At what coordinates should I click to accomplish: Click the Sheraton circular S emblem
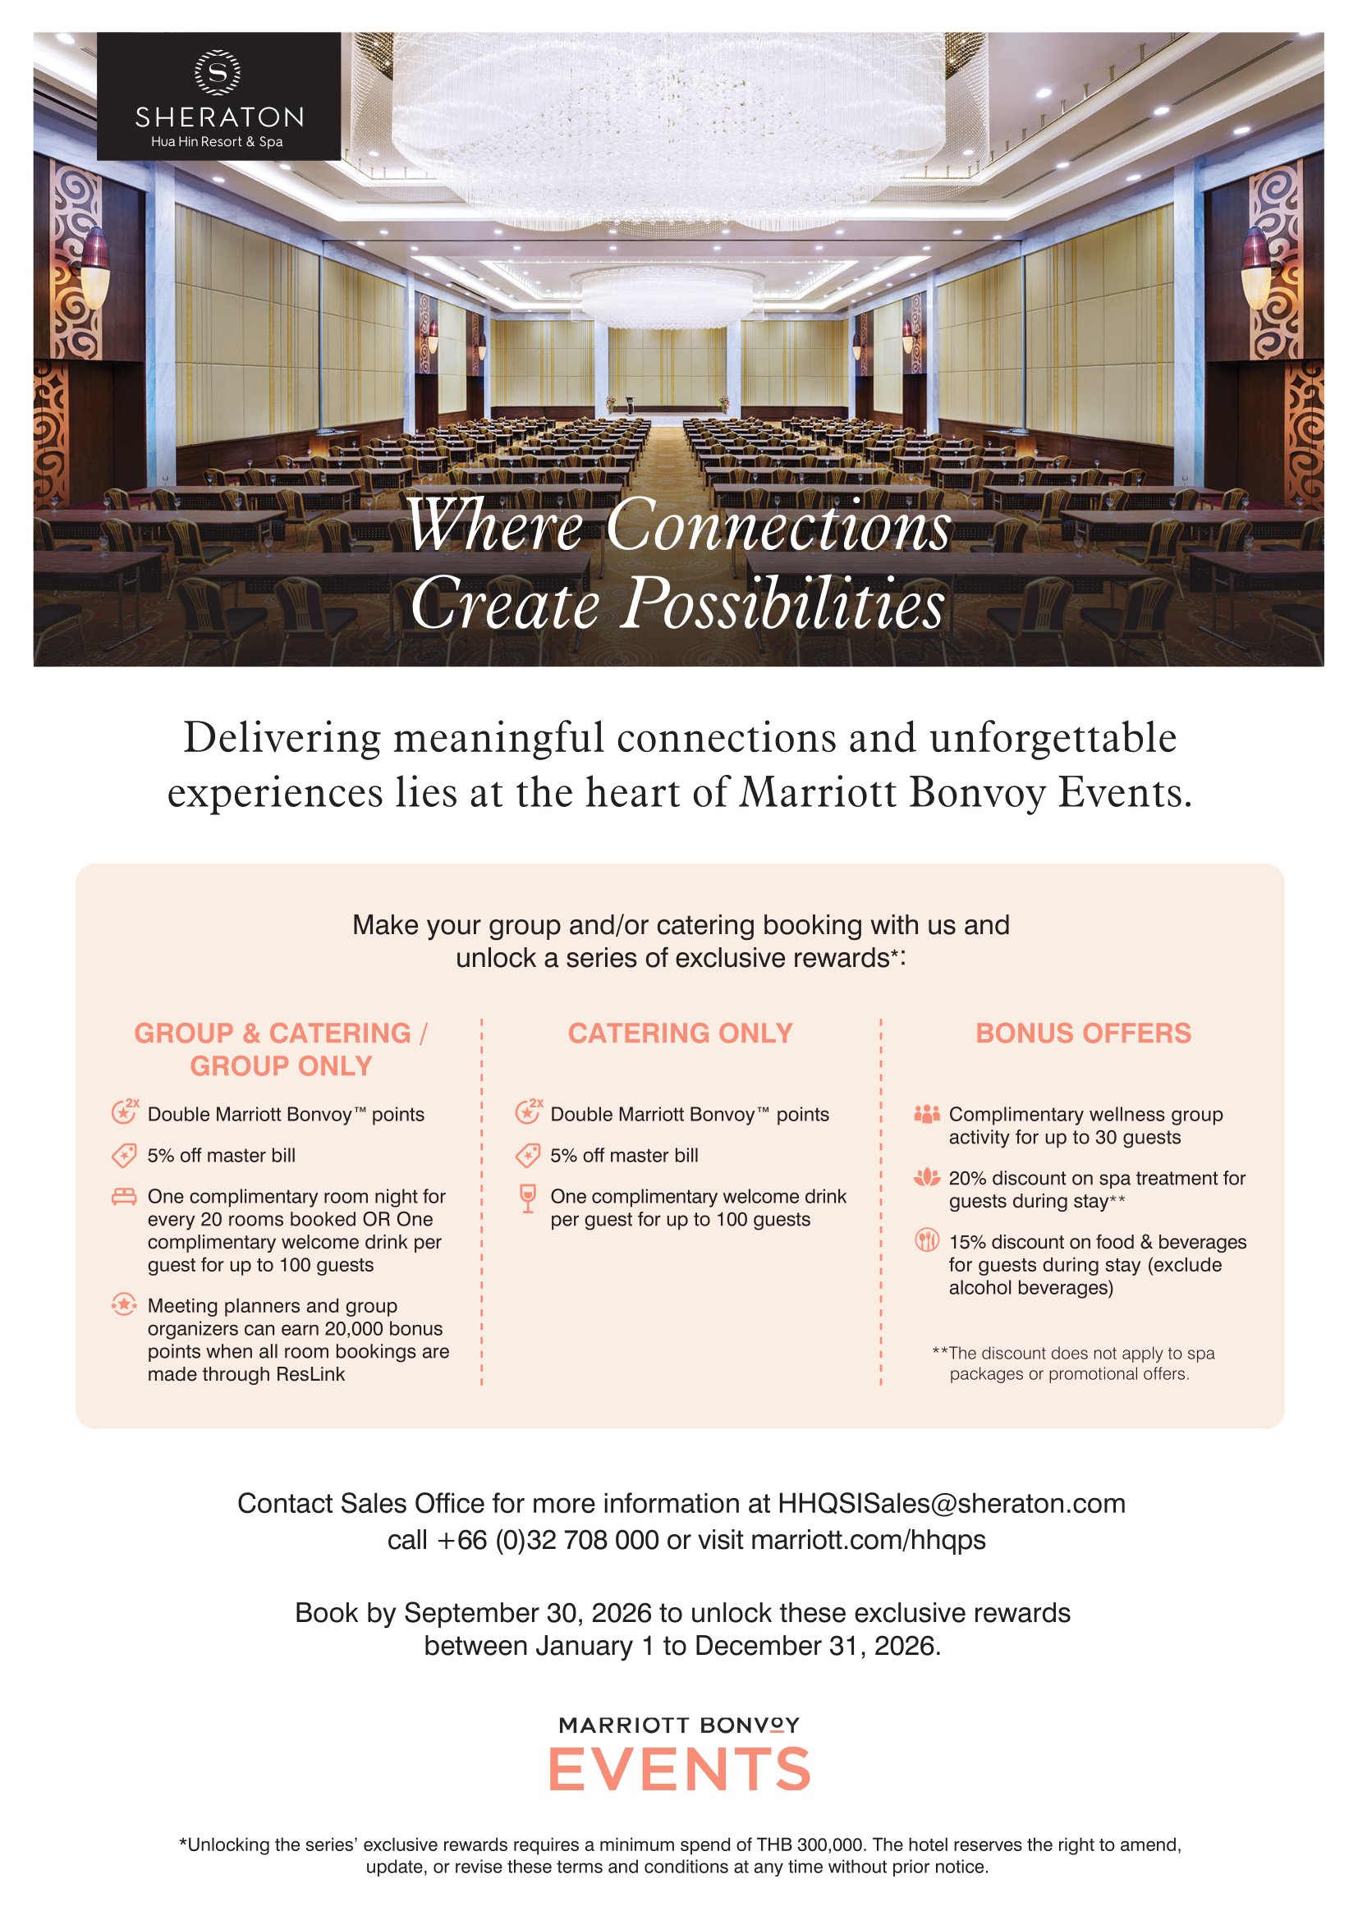[x=218, y=72]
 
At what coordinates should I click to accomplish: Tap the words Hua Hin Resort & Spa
[x=218, y=142]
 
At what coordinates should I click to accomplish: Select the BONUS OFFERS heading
[x=1083, y=1033]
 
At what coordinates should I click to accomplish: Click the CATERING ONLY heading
[x=680, y=1033]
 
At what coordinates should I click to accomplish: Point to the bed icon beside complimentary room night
[x=124, y=1197]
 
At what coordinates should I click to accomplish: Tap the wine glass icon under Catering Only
[x=528, y=1198]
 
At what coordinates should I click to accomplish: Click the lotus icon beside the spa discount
[x=926, y=1178]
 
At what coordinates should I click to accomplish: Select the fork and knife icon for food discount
[x=926, y=1240]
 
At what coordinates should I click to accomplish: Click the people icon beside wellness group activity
[x=926, y=1115]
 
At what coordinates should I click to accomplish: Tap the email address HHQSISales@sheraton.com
[x=952, y=1504]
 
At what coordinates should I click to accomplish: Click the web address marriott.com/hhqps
[x=868, y=1539]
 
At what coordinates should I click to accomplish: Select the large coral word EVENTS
[x=679, y=1770]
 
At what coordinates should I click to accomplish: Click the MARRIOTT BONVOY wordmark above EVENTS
[x=679, y=1725]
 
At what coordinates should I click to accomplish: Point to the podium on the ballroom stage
[x=622, y=405]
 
